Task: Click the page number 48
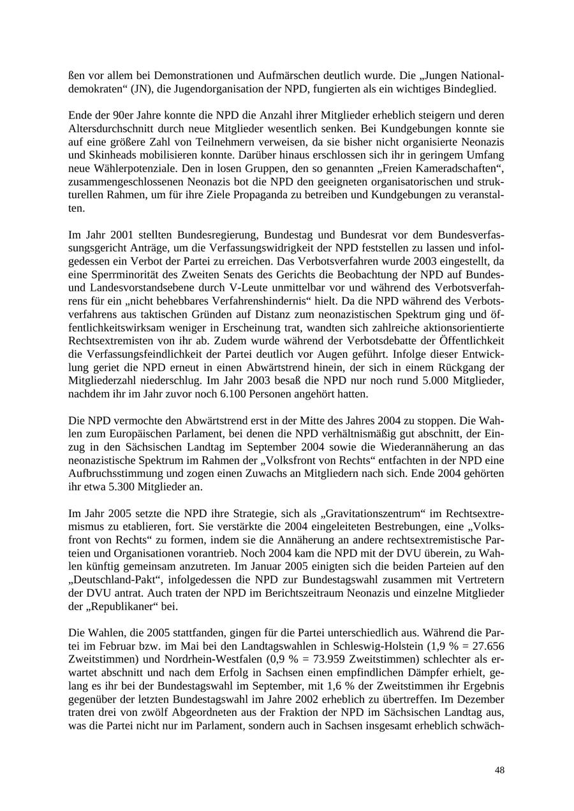[499, 770]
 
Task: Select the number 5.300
[129, 487]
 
